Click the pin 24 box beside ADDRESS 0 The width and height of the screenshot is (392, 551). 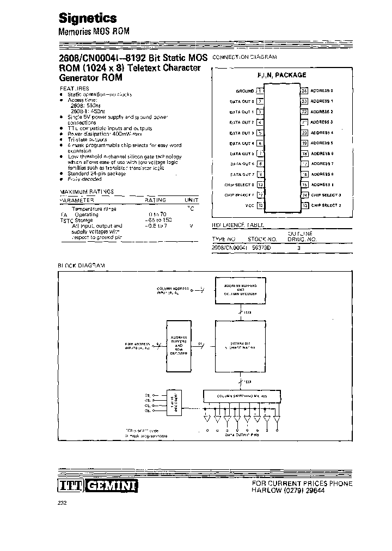[304, 90]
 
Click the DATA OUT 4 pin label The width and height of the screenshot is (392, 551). [242, 143]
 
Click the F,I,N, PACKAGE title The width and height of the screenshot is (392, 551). [281, 75]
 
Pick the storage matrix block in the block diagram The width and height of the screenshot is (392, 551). [240, 344]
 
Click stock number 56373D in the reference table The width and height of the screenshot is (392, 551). [260, 247]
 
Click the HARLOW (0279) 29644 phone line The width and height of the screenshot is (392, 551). [294, 491]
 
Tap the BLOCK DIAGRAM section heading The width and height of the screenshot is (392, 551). [81, 265]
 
